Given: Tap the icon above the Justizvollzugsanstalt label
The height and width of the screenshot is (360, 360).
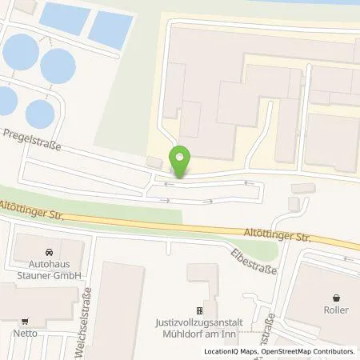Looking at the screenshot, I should tap(201, 311).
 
